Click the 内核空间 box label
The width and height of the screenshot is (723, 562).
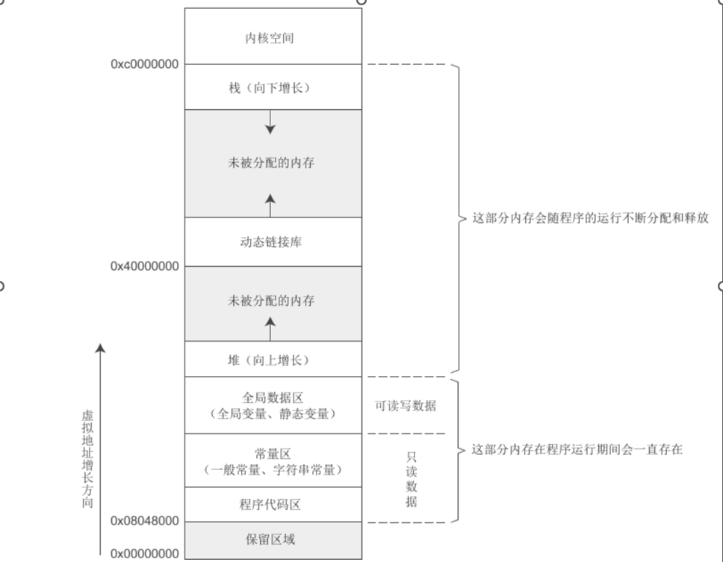coord(270,37)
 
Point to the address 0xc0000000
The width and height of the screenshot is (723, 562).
coord(145,64)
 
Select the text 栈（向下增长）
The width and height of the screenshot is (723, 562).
coord(270,88)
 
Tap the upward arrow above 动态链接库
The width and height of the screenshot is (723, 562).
coord(270,203)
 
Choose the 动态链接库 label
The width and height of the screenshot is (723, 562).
coord(270,242)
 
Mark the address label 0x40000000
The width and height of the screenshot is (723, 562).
coord(145,266)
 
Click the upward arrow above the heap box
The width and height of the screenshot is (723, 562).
coord(270,327)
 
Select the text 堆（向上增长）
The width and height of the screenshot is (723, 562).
coord(270,360)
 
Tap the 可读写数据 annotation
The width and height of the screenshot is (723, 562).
coord(406,407)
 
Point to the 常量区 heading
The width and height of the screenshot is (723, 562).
coord(270,454)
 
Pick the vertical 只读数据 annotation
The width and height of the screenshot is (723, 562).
coord(412,478)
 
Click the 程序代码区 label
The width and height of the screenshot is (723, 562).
coord(270,505)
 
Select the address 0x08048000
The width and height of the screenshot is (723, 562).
coord(145,521)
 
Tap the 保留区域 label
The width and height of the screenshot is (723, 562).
coord(270,539)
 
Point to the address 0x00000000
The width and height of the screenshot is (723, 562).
coord(145,554)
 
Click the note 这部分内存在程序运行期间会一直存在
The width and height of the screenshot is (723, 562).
coord(577,451)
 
